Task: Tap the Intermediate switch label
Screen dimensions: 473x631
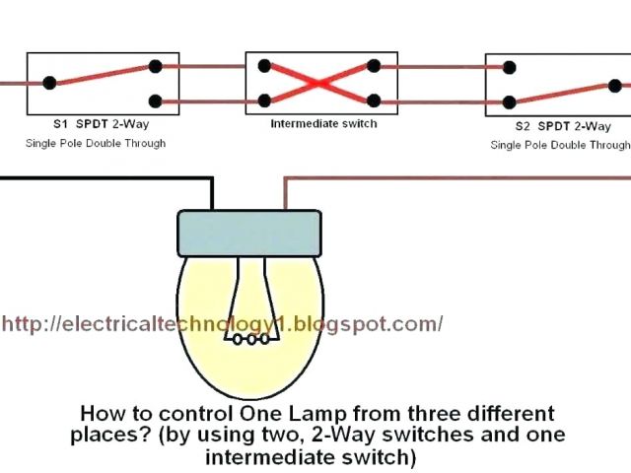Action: [x=323, y=123]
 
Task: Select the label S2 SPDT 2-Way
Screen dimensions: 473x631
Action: [x=563, y=127]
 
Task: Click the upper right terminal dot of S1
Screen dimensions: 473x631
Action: [x=155, y=67]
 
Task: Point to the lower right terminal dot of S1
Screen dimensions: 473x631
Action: [x=155, y=101]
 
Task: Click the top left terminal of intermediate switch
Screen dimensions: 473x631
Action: [x=264, y=67]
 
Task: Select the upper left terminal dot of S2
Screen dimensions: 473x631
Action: [x=509, y=68]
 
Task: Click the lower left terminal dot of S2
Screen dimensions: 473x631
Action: [x=509, y=101]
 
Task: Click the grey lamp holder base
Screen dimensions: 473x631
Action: [x=248, y=233]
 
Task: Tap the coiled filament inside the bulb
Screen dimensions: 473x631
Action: [x=248, y=339]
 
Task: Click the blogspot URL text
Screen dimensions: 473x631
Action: [x=223, y=323]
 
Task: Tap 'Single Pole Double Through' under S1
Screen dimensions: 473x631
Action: [x=96, y=144]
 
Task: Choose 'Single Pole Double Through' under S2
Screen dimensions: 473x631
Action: [x=560, y=145]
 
